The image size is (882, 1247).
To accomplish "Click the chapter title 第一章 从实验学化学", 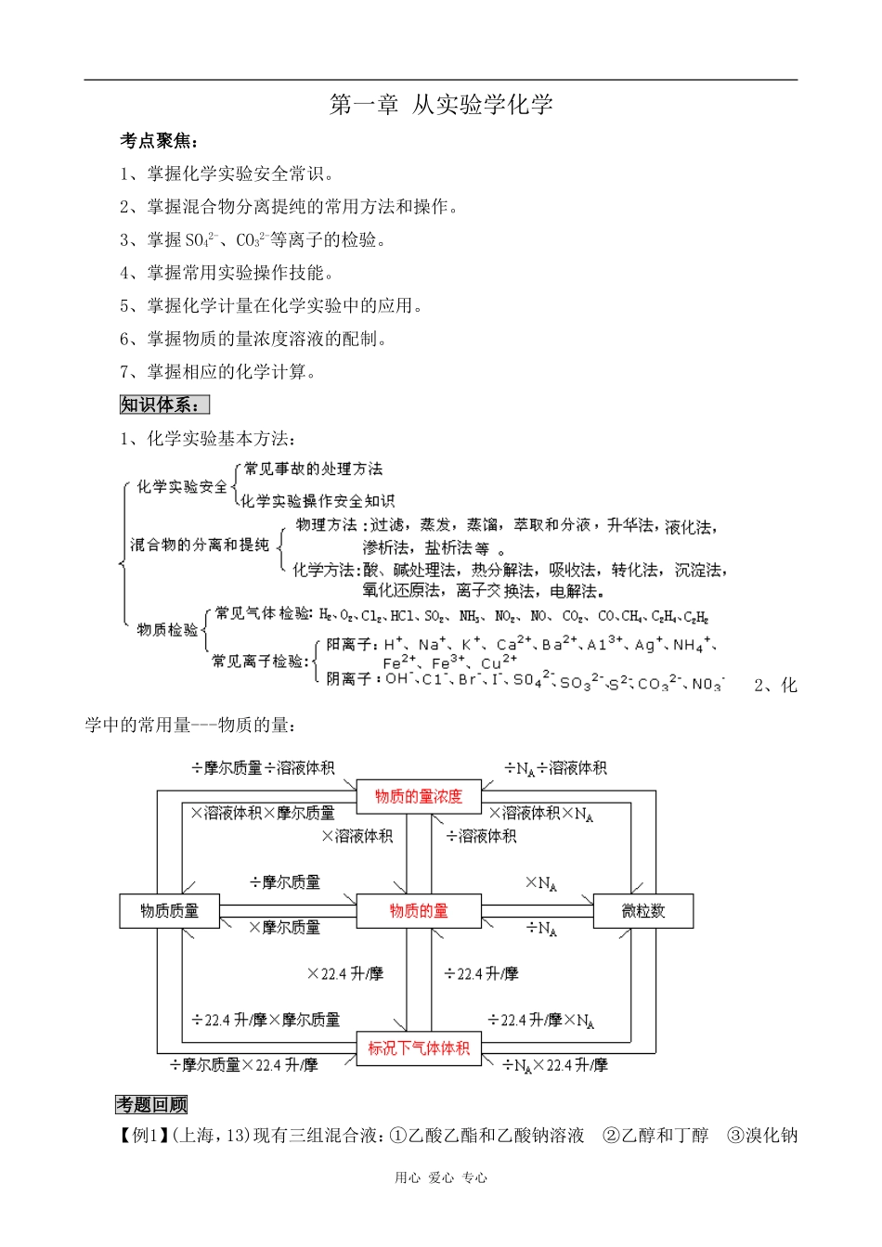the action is pyautogui.click(x=441, y=105).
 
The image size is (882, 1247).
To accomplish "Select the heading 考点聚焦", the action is pyautogui.click(x=159, y=141).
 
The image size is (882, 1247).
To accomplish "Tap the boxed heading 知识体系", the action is pyautogui.click(x=164, y=405).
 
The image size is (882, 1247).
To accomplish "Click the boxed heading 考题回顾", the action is pyautogui.click(x=151, y=1104).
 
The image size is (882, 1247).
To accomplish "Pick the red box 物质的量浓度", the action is pyautogui.click(x=418, y=796).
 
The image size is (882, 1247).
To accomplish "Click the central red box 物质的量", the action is pyautogui.click(x=419, y=910).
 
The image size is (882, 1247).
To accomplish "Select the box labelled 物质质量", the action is pyautogui.click(x=169, y=910).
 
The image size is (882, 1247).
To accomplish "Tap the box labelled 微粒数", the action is pyautogui.click(x=642, y=910).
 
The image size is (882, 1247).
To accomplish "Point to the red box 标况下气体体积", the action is pyautogui.click(x=419, y=1048).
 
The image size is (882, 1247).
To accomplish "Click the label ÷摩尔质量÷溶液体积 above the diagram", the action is pyautogui.click(x=263, y=768).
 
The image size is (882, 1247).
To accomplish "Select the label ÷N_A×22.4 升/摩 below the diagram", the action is pyautogui.click(x=555, y=1065).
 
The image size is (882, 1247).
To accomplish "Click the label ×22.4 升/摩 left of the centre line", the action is pyautogui.click(x=344, y=973).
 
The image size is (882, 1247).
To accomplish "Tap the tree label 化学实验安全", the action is pyautogui.click(x=182, y=486).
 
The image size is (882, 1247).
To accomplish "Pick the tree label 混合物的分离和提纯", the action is pyautogui.click(x=200, y=545).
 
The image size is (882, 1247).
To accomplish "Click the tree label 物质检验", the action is pyautogui.click(x=167, y=630).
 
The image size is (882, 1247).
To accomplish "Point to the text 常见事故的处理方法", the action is pyautogui.click(x=313, y=469).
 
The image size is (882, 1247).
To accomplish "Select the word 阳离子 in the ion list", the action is pyautogui.click(x=348, y=643).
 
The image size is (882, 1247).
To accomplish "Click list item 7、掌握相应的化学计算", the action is pyautogui.click(x=217, y=372).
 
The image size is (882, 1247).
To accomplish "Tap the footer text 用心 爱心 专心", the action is pyautogui.click(x=441, y=1177).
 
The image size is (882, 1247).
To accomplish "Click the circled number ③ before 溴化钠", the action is pyautogui.click(x=735, y=1135).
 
